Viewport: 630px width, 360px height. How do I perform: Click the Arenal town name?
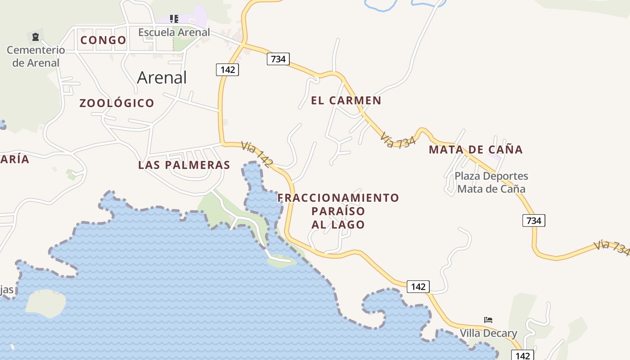162,77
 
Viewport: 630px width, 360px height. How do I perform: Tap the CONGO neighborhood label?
103,40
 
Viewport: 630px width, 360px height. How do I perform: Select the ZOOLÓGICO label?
117,103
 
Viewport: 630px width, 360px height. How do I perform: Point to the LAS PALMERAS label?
184,165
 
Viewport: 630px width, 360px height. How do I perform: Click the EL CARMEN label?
346,100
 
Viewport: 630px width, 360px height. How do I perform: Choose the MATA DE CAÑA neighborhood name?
476,149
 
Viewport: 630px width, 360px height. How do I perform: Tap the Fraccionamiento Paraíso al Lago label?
338,211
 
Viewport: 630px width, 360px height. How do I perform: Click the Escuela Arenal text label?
174,32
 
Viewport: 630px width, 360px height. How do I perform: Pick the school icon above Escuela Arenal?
174,19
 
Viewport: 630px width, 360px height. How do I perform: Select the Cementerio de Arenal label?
36,56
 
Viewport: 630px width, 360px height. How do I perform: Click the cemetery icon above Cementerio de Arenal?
36,37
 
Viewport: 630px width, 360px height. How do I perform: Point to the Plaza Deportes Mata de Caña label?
491,182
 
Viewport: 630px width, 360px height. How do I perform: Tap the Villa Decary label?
488,333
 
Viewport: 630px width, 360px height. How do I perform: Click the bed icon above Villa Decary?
488,320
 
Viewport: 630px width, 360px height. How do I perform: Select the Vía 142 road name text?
256,155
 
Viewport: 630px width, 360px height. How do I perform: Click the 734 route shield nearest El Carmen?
278,59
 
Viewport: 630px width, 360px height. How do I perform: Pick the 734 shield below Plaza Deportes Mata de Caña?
534,220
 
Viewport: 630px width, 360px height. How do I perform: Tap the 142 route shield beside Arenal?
227,69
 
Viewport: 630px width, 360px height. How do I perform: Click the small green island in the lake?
45,302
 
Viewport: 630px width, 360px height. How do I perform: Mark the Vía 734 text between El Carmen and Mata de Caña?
397,140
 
